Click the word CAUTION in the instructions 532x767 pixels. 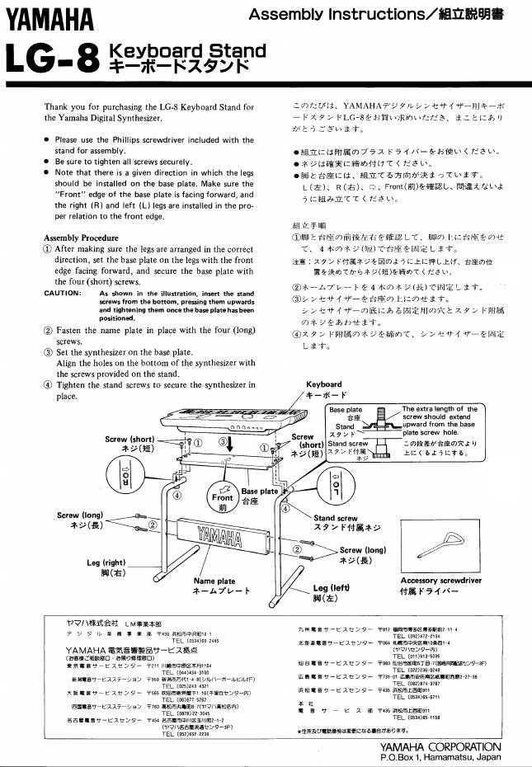pos(63,293)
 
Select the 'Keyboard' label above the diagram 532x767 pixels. pos(323,384)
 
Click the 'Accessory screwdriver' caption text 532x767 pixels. pos(440,580)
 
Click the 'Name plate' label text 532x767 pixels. pos(214,581)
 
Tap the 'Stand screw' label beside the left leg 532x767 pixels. pos(336,518)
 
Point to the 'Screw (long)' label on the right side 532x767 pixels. pos(363,549)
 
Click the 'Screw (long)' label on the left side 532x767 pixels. pos(80,515)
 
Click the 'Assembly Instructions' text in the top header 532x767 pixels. pos(341,14)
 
